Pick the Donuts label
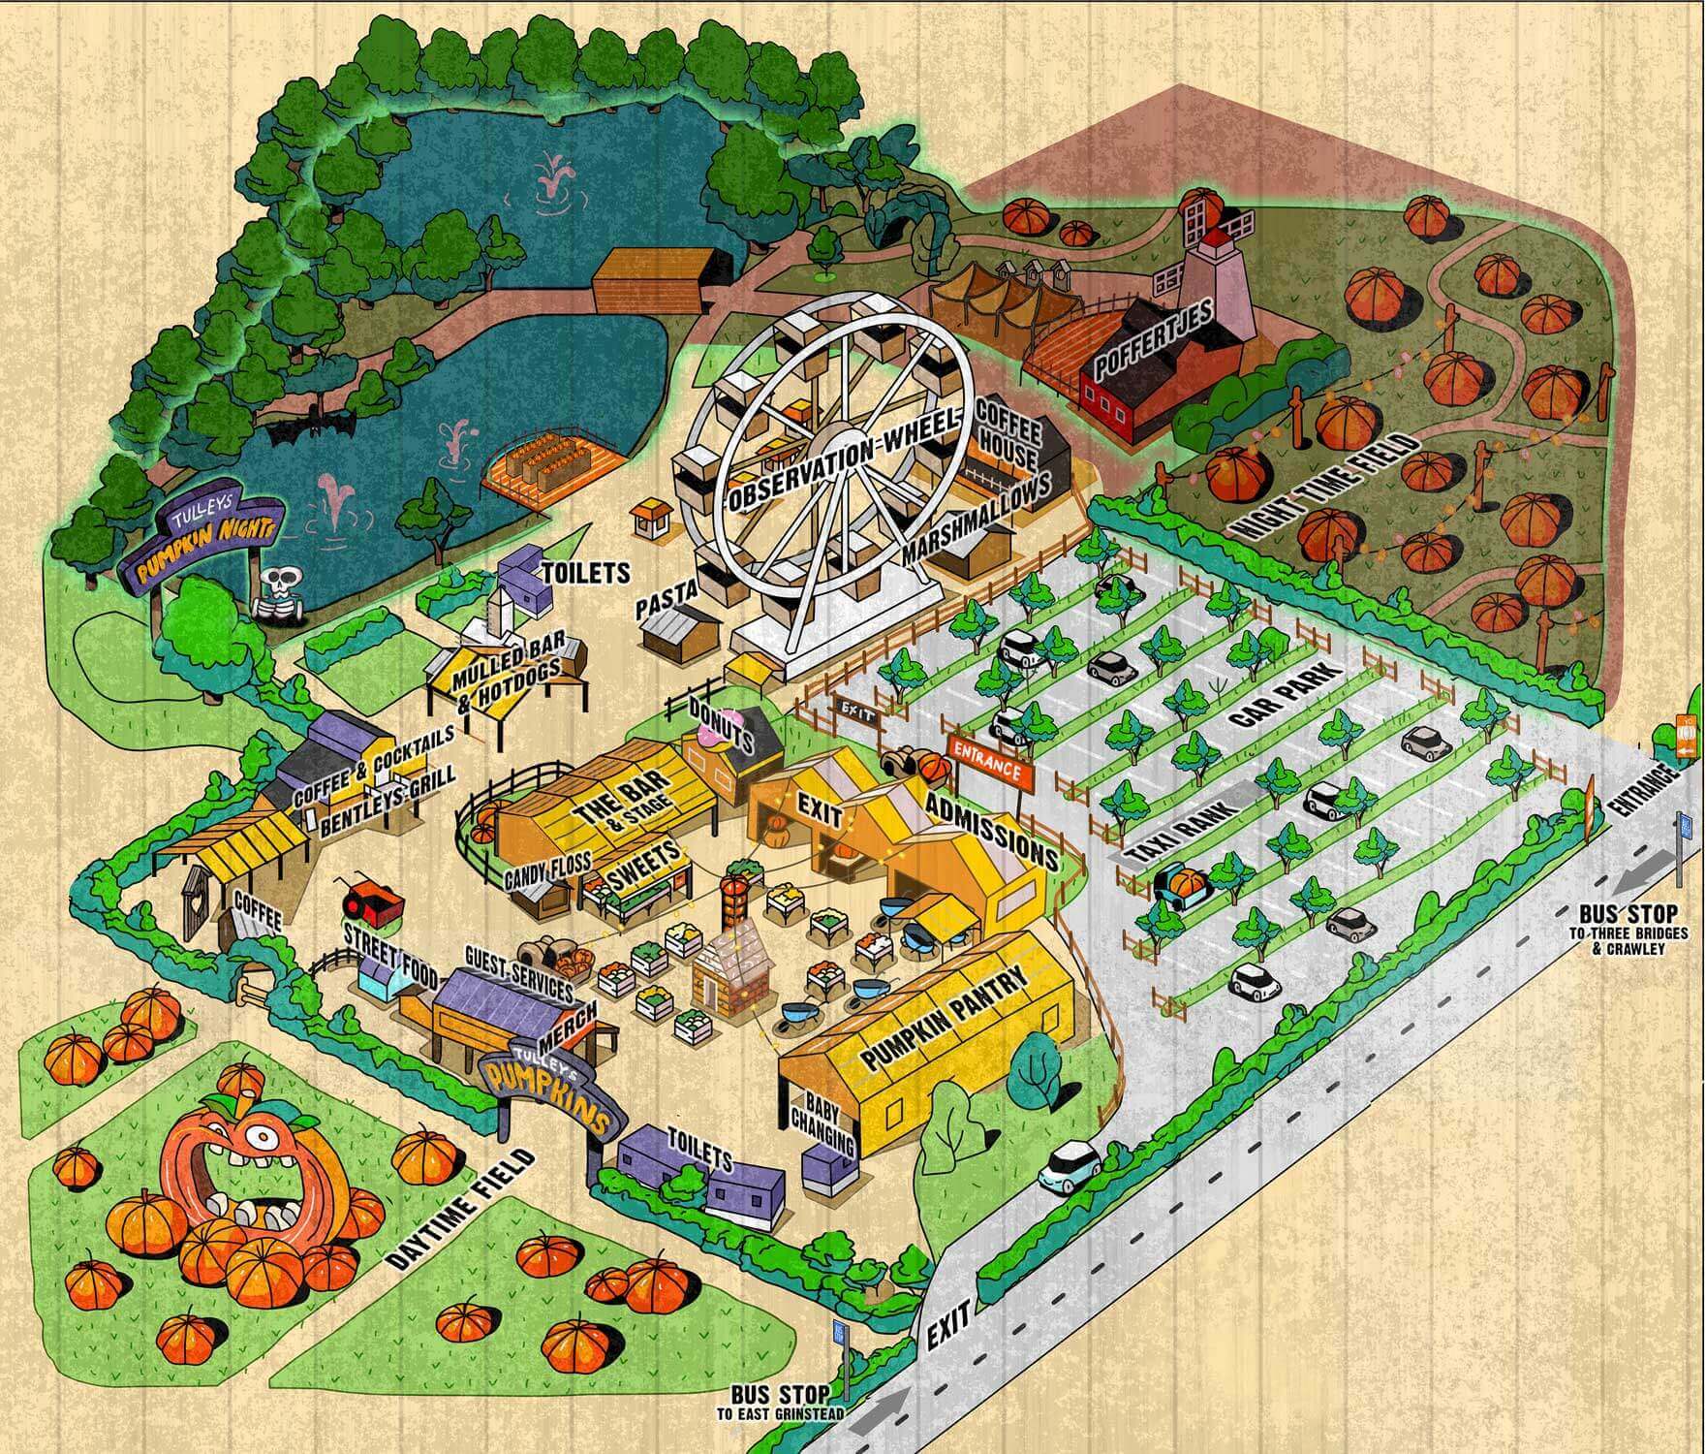[x=723, y=723]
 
